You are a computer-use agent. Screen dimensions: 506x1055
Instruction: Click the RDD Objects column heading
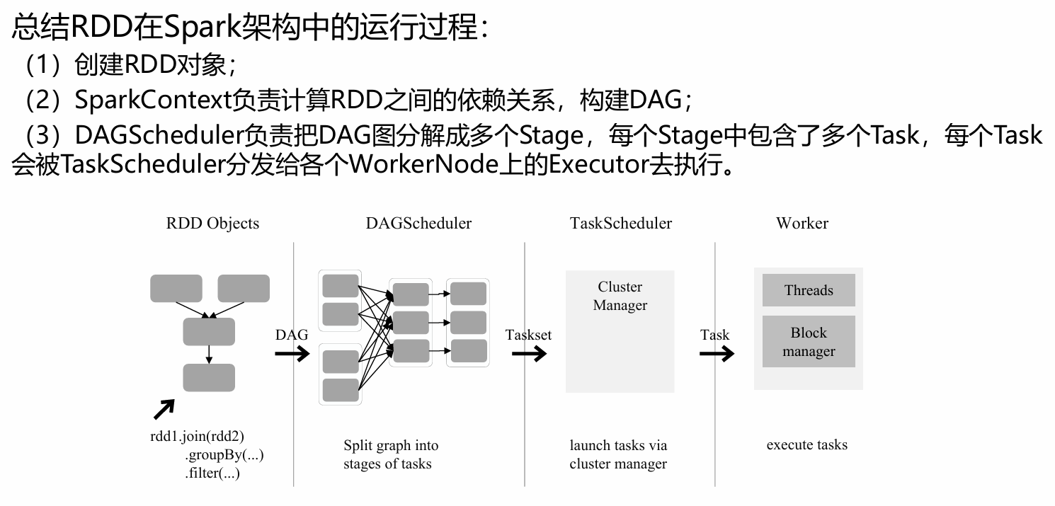[x=212, y=224]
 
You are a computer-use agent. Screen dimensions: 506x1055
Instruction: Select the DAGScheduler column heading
[x=418, y=224]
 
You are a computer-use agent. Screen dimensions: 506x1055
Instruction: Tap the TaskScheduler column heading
[x=620, y=224]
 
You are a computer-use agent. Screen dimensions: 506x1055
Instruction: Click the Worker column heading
[x=802, y=224]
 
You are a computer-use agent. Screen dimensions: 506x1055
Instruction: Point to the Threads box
[x=809, y=290]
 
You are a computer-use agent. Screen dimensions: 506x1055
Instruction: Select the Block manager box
[x=809, y=342]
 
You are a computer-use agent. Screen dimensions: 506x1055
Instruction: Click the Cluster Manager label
[x=620, y=296]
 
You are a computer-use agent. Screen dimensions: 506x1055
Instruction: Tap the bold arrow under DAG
[x=292, y=353]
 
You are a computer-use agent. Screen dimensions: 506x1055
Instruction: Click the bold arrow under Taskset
[x=528, y=353]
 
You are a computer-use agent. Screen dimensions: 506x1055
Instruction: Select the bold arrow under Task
[x=717, y=353]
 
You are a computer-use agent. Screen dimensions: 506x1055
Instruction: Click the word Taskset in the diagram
[x=528, y=335]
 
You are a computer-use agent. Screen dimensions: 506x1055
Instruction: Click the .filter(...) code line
[x=212, y=473]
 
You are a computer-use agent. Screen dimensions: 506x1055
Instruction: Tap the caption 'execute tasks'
[x=806, y=445]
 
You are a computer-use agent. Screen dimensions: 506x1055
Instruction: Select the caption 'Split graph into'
[x=391, y=446]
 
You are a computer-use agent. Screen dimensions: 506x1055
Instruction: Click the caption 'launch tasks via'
[x=618, y=446]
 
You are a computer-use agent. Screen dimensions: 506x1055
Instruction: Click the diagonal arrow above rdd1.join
[x=164, y=409]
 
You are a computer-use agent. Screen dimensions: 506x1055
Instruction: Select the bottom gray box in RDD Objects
[x=209, y=377]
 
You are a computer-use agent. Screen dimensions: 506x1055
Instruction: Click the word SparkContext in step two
[x=152, y=100]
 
